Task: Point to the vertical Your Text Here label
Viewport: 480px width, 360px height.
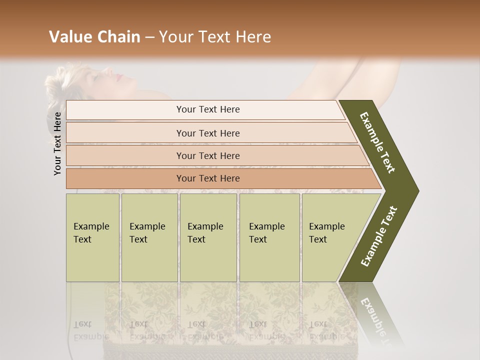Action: click(57, 143)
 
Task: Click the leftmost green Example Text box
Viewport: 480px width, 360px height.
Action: click(92, 237)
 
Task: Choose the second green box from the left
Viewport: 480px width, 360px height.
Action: click(149, 237)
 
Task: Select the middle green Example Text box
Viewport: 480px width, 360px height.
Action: click(208, 237)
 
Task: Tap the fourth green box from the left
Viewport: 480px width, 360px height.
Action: click(269, 237)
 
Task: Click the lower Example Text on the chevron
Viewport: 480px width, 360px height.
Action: click(379, 236)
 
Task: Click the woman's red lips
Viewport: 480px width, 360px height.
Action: click(118, 76)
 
